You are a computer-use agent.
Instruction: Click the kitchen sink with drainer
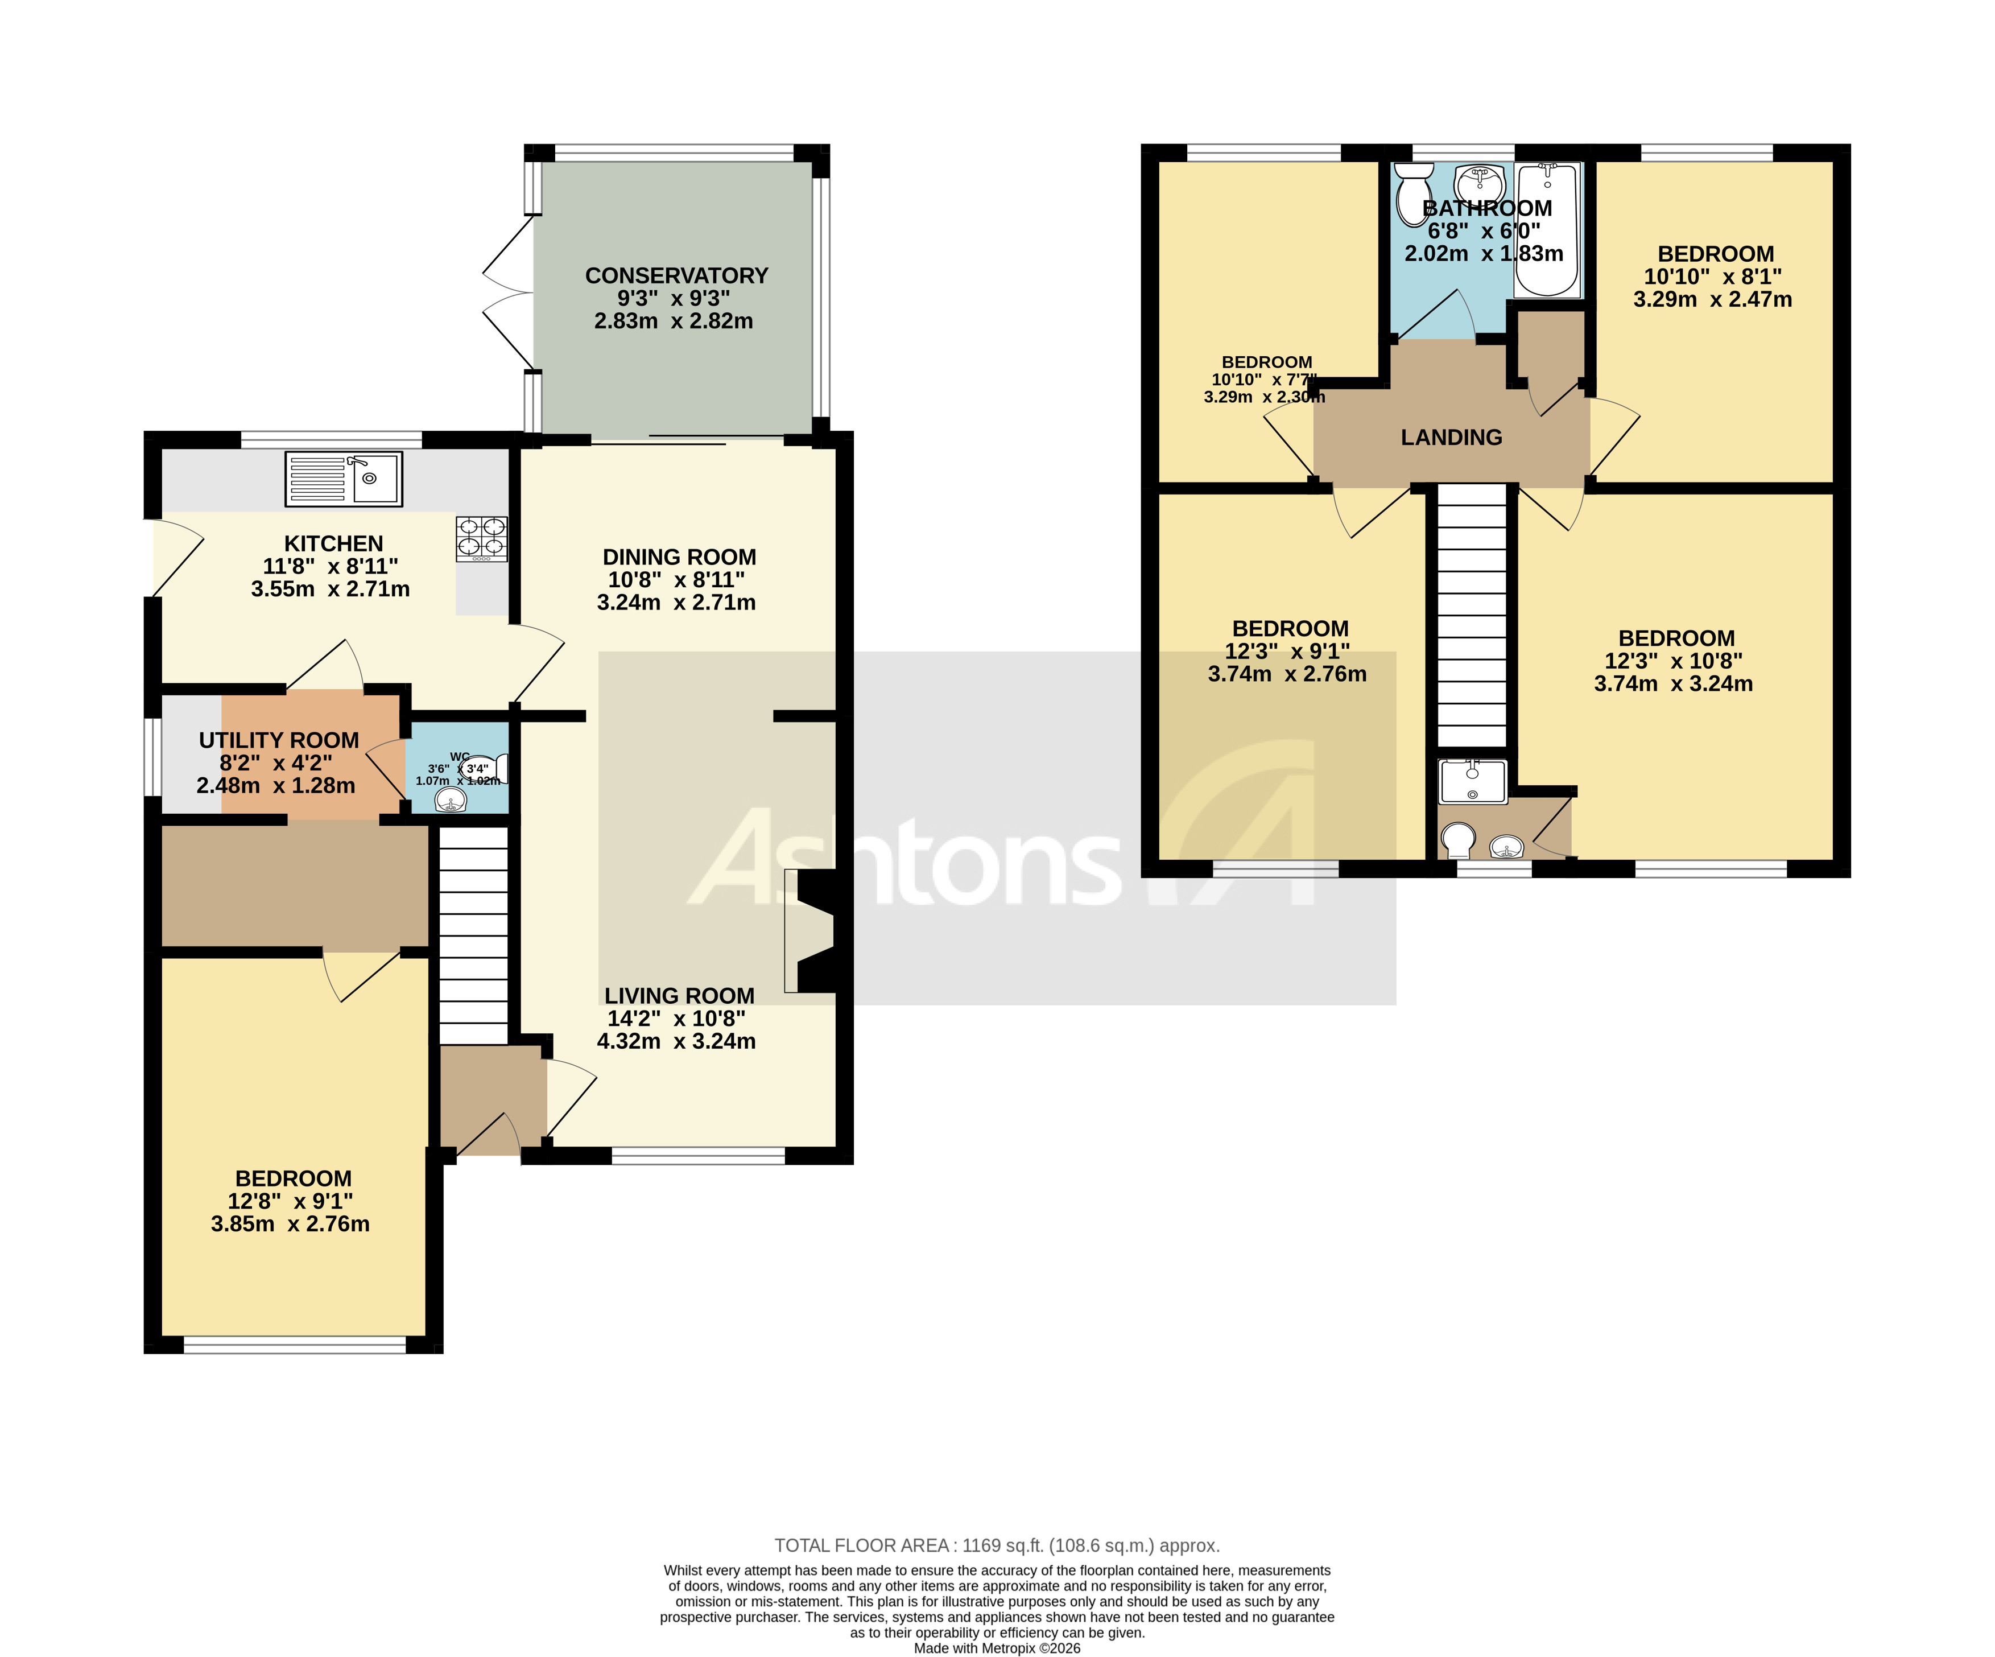coord(344,479)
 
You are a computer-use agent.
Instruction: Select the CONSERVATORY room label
coord(676,275)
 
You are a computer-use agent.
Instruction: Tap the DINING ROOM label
coord(679,558)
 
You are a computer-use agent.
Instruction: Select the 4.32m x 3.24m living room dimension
coord(676,1041)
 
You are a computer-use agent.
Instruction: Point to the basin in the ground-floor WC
coord(451,801)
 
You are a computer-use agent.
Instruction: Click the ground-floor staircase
coord(473,936)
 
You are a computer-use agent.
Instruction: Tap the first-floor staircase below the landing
coord(1472,616)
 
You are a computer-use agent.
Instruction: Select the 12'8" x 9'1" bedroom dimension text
coord(290,1201)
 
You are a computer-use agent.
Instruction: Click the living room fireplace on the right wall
coord(809,931)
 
